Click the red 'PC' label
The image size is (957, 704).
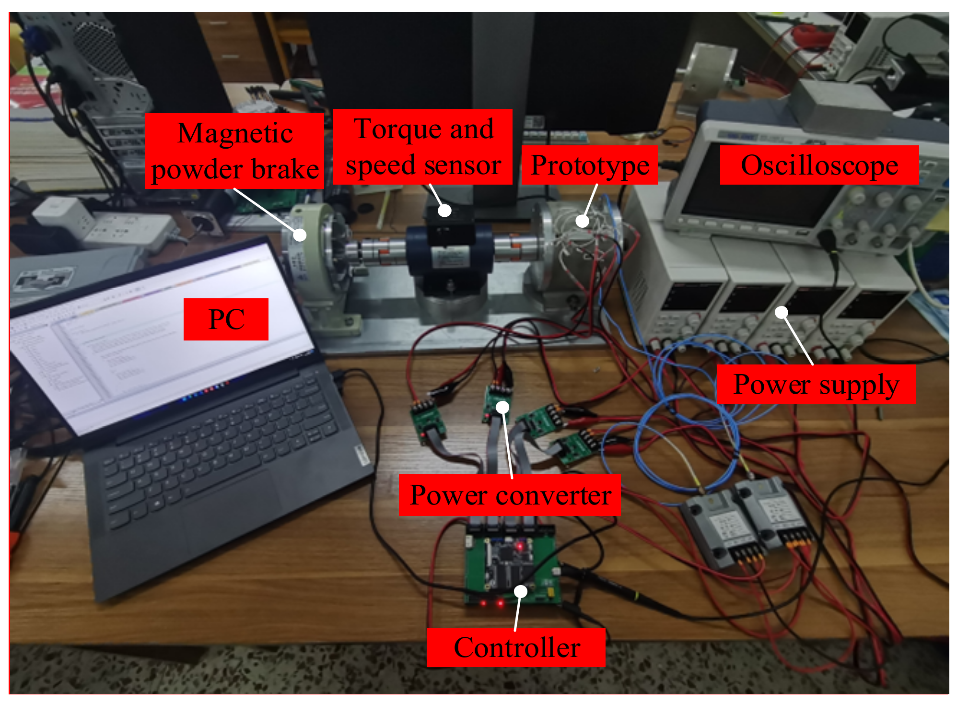(x=226, y=319)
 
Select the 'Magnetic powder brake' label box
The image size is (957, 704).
(x=234, y=151)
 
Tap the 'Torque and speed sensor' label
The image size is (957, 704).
(x=423, y=147)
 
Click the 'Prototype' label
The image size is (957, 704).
(x=590, y=165)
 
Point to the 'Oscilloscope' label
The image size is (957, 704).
(x=819, y=165)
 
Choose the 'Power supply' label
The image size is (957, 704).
(x=816, y=384)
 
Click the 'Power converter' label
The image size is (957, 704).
(x=510, y=495)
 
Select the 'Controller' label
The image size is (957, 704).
(x=516, y=647)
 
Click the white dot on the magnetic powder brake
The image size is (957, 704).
(x=300, y=235)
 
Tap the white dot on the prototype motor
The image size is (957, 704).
(x=582, y=221)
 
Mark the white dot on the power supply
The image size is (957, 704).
(x=782, y=313)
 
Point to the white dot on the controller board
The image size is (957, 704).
(x=521, y=591)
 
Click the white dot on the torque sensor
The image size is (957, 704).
(x=445, y=210)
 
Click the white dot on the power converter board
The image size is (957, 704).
(x=502, y=407)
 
